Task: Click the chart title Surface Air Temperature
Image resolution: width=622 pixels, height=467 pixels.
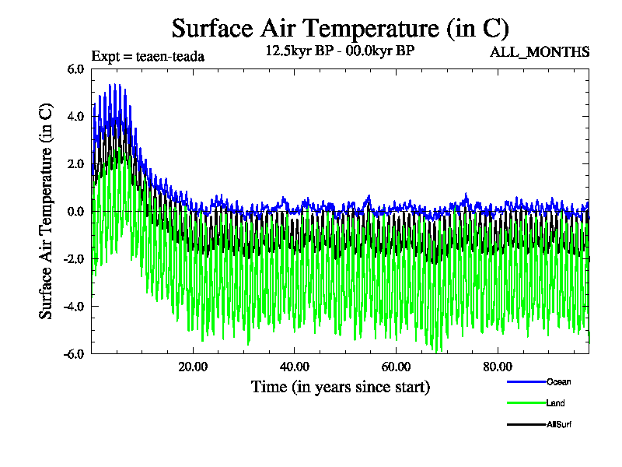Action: click(341, 29)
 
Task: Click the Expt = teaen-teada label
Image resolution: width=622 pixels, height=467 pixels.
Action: click(148, 56)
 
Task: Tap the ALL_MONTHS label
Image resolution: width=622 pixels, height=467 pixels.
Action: click(539, 52)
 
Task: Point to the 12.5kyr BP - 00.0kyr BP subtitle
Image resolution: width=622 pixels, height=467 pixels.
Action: click(340, 52)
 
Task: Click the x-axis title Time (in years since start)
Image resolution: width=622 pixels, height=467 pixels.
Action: click(340, 387)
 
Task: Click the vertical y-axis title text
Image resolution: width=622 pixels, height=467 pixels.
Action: click(47, 211)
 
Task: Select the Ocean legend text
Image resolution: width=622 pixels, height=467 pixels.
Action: click(559, 381)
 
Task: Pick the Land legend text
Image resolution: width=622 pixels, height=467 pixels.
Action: click(555, 403)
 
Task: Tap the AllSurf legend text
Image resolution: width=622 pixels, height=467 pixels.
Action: click(560, 425)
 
